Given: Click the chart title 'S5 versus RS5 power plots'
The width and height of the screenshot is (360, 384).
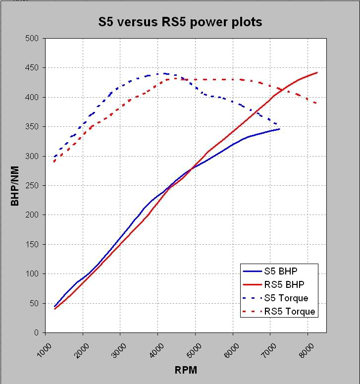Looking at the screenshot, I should tap(180, 22).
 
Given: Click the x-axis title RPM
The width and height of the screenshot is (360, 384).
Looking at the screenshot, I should tap(186, 370).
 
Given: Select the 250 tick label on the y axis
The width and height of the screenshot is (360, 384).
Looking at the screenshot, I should tap(33, 186).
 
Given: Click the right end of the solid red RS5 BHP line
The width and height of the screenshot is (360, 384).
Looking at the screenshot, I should tap(317, 73).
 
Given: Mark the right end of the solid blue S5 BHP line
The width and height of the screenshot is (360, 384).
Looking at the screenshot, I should tap(280, 129).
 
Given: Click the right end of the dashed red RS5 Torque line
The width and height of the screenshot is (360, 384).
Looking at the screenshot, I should tap(316, 103).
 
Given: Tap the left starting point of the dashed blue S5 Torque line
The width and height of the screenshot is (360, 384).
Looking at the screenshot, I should tap(54, 157).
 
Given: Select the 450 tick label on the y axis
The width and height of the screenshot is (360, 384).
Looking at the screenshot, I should tap(33, 68).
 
